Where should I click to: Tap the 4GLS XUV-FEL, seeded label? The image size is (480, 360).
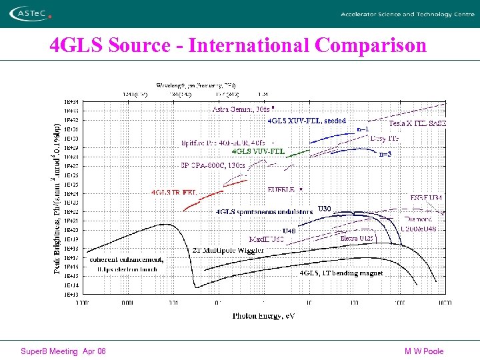307,121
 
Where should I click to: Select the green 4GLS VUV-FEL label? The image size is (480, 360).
258,151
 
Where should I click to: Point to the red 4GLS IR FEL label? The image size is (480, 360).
175,192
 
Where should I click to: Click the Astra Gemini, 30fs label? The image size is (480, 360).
241,109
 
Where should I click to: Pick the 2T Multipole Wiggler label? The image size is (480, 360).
228,250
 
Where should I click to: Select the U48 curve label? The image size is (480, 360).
289,231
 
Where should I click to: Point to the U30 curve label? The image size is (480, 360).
324,209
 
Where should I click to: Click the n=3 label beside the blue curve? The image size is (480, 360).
385,154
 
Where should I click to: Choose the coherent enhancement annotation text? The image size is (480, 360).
127,259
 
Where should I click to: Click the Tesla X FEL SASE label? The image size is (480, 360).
417,123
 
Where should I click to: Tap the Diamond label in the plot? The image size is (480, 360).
418,219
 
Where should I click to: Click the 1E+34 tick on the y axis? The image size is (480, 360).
71,101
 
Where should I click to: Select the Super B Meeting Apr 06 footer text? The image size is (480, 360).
63,351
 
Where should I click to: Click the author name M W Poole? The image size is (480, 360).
423,351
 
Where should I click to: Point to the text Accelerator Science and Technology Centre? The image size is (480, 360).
407,14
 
